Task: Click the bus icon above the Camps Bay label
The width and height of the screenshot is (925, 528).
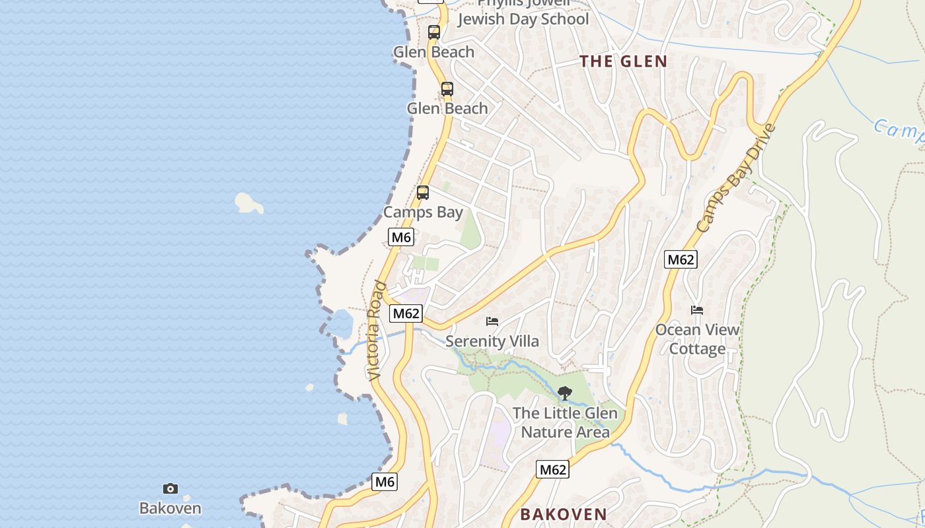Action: coord(423,193)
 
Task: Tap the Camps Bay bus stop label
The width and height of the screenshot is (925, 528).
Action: coord(423,213)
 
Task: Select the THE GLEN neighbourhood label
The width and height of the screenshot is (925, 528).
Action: coord(623,61)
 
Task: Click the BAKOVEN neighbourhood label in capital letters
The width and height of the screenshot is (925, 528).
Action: coord(563,514)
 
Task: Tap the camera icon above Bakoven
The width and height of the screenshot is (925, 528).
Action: coord(170,489)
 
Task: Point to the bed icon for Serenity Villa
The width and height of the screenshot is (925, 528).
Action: coord(492,321)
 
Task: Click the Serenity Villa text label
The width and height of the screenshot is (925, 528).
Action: coord(492,341)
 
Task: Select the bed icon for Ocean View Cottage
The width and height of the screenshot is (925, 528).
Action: coord(697,310)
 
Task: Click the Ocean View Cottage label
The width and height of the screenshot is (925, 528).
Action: coord(697,339)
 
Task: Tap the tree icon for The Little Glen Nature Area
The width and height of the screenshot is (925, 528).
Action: coord(565,394)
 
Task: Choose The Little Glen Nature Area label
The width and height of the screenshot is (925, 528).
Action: coord(565,423)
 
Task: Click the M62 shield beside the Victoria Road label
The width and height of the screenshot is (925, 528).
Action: coord(406,313)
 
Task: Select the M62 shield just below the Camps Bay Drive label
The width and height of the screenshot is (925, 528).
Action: coord(681,259)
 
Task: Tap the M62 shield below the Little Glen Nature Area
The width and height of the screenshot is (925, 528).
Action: coord(552,469)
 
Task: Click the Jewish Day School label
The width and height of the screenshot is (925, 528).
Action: coord(523,19)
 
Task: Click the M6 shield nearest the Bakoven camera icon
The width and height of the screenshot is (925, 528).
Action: coord(385,482)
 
